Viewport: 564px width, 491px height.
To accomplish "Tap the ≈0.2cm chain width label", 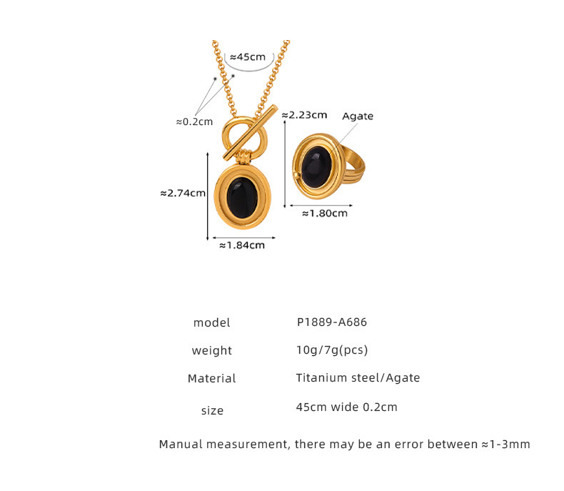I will (x=194, y=121).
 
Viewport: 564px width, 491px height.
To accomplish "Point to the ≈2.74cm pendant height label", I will (x=183, y=192).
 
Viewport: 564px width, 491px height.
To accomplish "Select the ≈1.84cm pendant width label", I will (x=241, y=245).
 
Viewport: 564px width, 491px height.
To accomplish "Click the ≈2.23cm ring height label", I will (x=304, y=114).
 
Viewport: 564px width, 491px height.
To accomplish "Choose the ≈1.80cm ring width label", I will (x=324, y=212).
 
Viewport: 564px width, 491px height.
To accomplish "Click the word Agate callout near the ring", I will (x=358, y=116).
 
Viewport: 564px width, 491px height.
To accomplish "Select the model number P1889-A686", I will (x=331, y=322).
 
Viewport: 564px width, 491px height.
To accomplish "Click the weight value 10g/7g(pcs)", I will (x=331, y=349).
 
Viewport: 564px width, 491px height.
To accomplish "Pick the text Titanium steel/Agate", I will (x=358, y=377).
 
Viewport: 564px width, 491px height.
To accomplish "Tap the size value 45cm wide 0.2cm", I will (x=346, y=407).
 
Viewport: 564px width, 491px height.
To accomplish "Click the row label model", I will (x=211, y=322).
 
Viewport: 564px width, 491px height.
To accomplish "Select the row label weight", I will (x=211, y=350).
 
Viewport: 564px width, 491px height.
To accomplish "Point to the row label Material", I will (x=211, y=378).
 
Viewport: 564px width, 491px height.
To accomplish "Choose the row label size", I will (x=212, y=410).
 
